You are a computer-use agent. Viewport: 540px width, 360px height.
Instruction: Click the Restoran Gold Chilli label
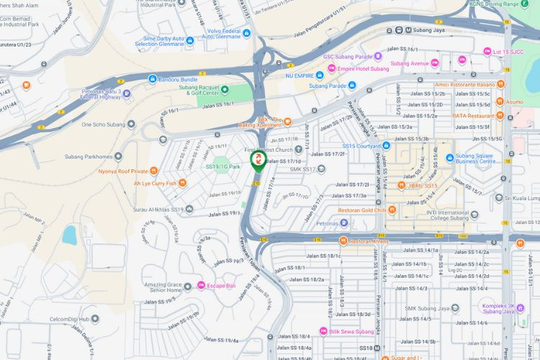click(368, 210)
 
